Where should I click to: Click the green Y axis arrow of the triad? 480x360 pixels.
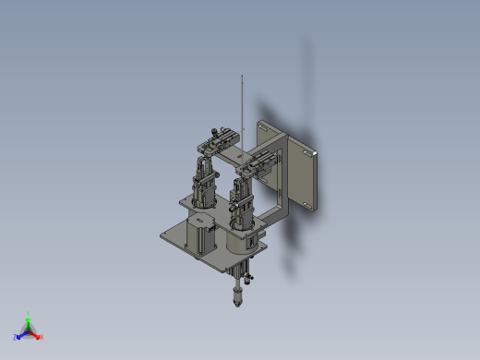[28, 323]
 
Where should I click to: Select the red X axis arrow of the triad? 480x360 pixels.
[35, 333]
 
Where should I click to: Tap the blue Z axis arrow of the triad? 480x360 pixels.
[22, 334]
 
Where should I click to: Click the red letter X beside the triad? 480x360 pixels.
[42, 337]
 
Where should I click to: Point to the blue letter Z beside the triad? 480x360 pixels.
[16, 338]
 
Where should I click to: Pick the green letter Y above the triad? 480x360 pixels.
[28, 313]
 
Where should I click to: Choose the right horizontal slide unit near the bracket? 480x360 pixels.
[258, 163]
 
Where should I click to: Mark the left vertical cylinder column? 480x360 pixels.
[203, 185]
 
